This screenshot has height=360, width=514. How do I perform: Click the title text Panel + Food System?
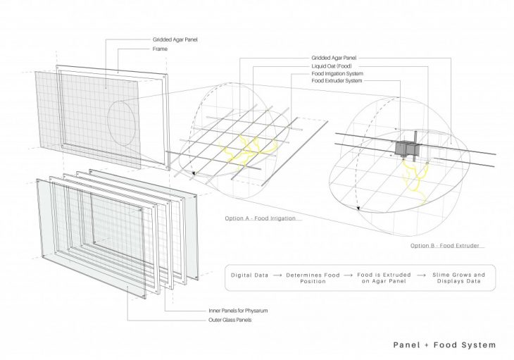pos(444,345)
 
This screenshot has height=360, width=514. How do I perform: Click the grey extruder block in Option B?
pos(406,149)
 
